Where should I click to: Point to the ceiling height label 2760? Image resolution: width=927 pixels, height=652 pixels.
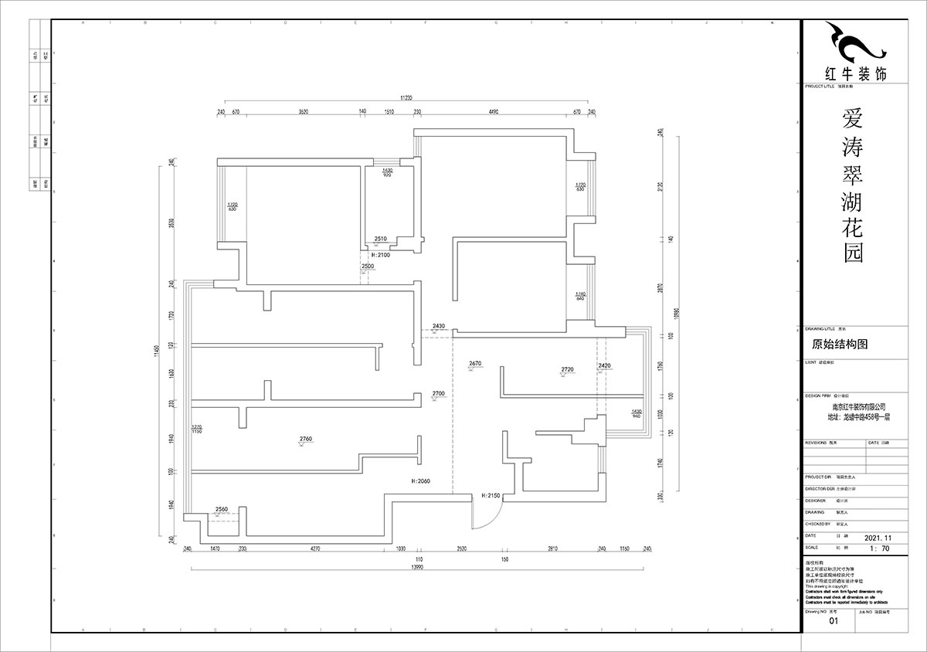pyautogui.click(x=305, y=439)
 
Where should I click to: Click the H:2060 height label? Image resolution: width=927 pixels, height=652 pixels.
pyautogui.click(x=420, y=481)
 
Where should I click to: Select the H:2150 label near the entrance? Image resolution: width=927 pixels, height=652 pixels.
pyautogui.click(x=491, y=495)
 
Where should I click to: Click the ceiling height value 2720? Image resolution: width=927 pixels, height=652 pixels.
pyautogui.click(x=567, y=370)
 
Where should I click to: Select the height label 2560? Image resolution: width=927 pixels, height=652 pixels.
pyautogui.click(x=222, y=510)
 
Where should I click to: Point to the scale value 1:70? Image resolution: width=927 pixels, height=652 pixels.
pyautogui.click(x=880, y=548)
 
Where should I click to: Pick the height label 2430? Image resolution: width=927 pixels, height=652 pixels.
pyautogui.click(x=439, y=327)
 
